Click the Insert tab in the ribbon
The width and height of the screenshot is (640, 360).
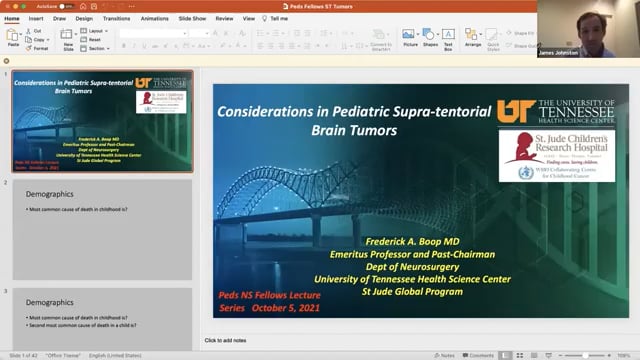[x=36, y=18]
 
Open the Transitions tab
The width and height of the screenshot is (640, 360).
[x=116, y=18]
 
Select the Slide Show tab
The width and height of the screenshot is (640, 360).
[x=192, y=18]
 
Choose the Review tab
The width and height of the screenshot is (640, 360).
[x=224, y=18]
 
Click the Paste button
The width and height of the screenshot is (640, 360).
[x=13, y=38]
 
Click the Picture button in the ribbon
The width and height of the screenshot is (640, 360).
[x=410, y=39]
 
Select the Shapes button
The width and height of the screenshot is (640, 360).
[x=430, y=39]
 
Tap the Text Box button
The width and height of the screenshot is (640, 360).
[x=450, y=39]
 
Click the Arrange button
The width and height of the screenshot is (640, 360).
[x=473, y=39]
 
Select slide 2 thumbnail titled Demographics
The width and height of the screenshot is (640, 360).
[x=101, y=229]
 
